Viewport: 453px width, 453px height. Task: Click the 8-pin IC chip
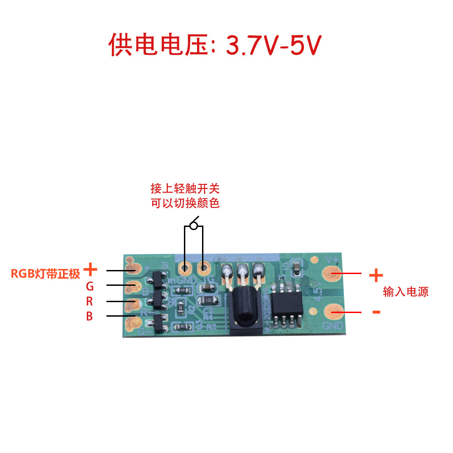(x=287, y=304)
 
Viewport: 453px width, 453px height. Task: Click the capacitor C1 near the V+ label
(x=296, y=267)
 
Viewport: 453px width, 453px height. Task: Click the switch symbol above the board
(x=194, y=224)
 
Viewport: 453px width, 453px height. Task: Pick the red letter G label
(x=90, y=286)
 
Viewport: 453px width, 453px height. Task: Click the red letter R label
(x=90, y=301)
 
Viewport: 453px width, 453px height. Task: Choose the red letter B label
(x=90, y=316)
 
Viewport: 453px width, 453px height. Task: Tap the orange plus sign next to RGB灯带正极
(x=91, y=270)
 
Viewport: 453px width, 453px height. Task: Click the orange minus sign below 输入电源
(x=376, y=312)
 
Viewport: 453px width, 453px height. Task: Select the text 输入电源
(x=405, y=292)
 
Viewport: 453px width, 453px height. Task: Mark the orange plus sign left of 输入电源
(x=376, y=275)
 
